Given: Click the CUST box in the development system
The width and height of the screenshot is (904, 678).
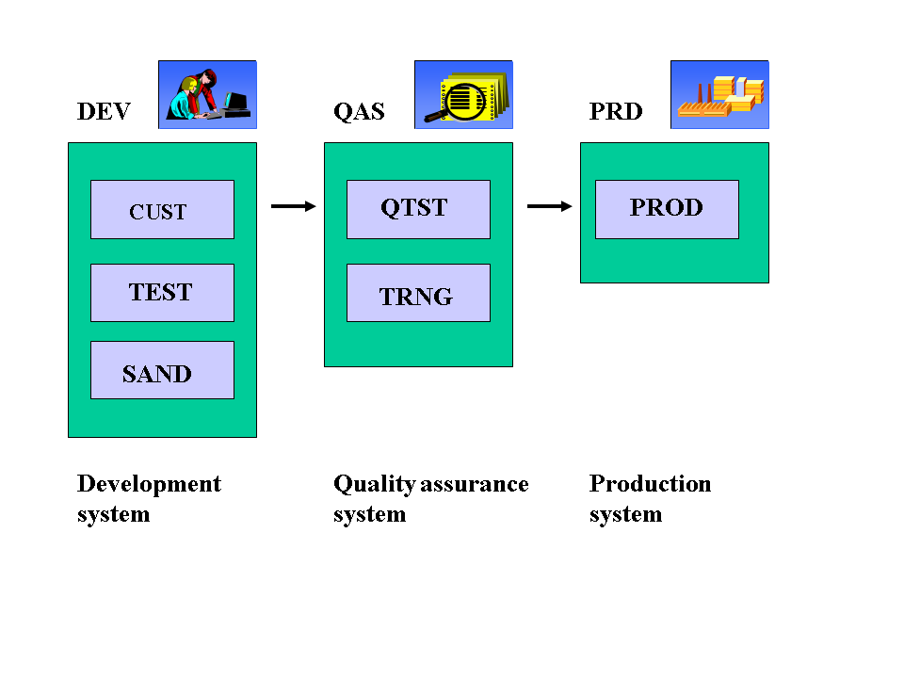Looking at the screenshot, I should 162,209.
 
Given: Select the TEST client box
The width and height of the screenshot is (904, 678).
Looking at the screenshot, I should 162,293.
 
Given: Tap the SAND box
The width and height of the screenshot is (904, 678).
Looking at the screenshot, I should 162,370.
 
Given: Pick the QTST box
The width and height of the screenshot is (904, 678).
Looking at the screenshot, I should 418,209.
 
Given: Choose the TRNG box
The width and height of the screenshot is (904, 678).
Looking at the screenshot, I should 418,293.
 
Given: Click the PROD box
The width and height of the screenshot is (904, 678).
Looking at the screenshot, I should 667,209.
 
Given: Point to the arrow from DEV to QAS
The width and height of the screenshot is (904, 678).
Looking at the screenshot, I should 294,206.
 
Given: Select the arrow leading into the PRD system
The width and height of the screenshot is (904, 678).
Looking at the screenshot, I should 550,206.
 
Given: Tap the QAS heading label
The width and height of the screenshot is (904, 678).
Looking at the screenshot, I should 359,112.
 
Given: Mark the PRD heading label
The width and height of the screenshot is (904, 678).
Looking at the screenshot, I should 616,112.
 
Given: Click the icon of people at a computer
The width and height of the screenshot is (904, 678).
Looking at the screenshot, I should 207,94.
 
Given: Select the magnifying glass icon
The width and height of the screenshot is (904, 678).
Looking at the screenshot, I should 463,94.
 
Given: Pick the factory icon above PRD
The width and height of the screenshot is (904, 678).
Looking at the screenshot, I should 719,94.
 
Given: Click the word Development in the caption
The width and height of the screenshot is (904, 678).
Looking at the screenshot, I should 149,484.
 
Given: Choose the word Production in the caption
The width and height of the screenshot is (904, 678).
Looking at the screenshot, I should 650,484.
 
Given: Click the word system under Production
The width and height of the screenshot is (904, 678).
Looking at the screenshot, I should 625,515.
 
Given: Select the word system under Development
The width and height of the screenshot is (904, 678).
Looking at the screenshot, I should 113,515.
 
